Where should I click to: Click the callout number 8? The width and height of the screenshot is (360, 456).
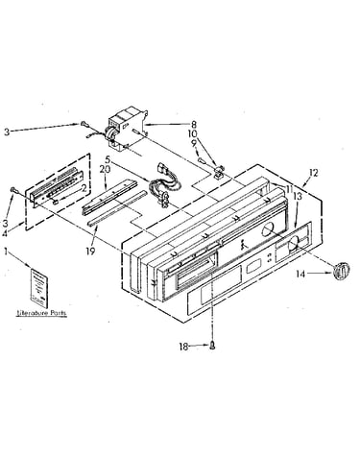[194, 125]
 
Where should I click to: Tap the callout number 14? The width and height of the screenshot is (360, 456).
[300, 274]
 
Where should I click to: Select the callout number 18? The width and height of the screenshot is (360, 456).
[183, 347]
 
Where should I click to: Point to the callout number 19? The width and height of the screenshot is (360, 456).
[90, 252]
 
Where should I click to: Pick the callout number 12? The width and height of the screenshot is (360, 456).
[314, 173]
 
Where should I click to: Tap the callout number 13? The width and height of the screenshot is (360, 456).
[298, 197]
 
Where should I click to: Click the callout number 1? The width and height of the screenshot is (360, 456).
[6, 252]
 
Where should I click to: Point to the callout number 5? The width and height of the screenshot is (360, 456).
[108, 158]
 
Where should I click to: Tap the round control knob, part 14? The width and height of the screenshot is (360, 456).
[341, 271]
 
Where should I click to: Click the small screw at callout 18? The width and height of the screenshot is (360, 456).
[212, 346]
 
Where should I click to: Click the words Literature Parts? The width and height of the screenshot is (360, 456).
[41, 313]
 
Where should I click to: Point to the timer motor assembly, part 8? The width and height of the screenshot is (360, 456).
[127, 129]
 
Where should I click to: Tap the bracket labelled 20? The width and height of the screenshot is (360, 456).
[108, 197]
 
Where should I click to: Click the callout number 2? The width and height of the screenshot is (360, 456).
[83, 189]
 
